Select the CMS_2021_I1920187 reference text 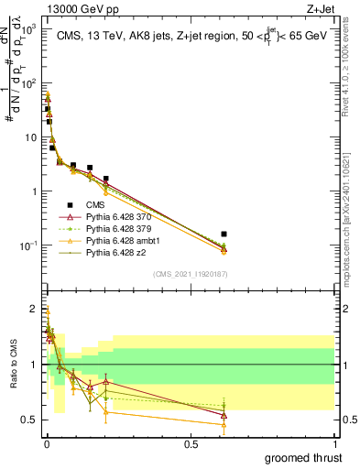(191, 274)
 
